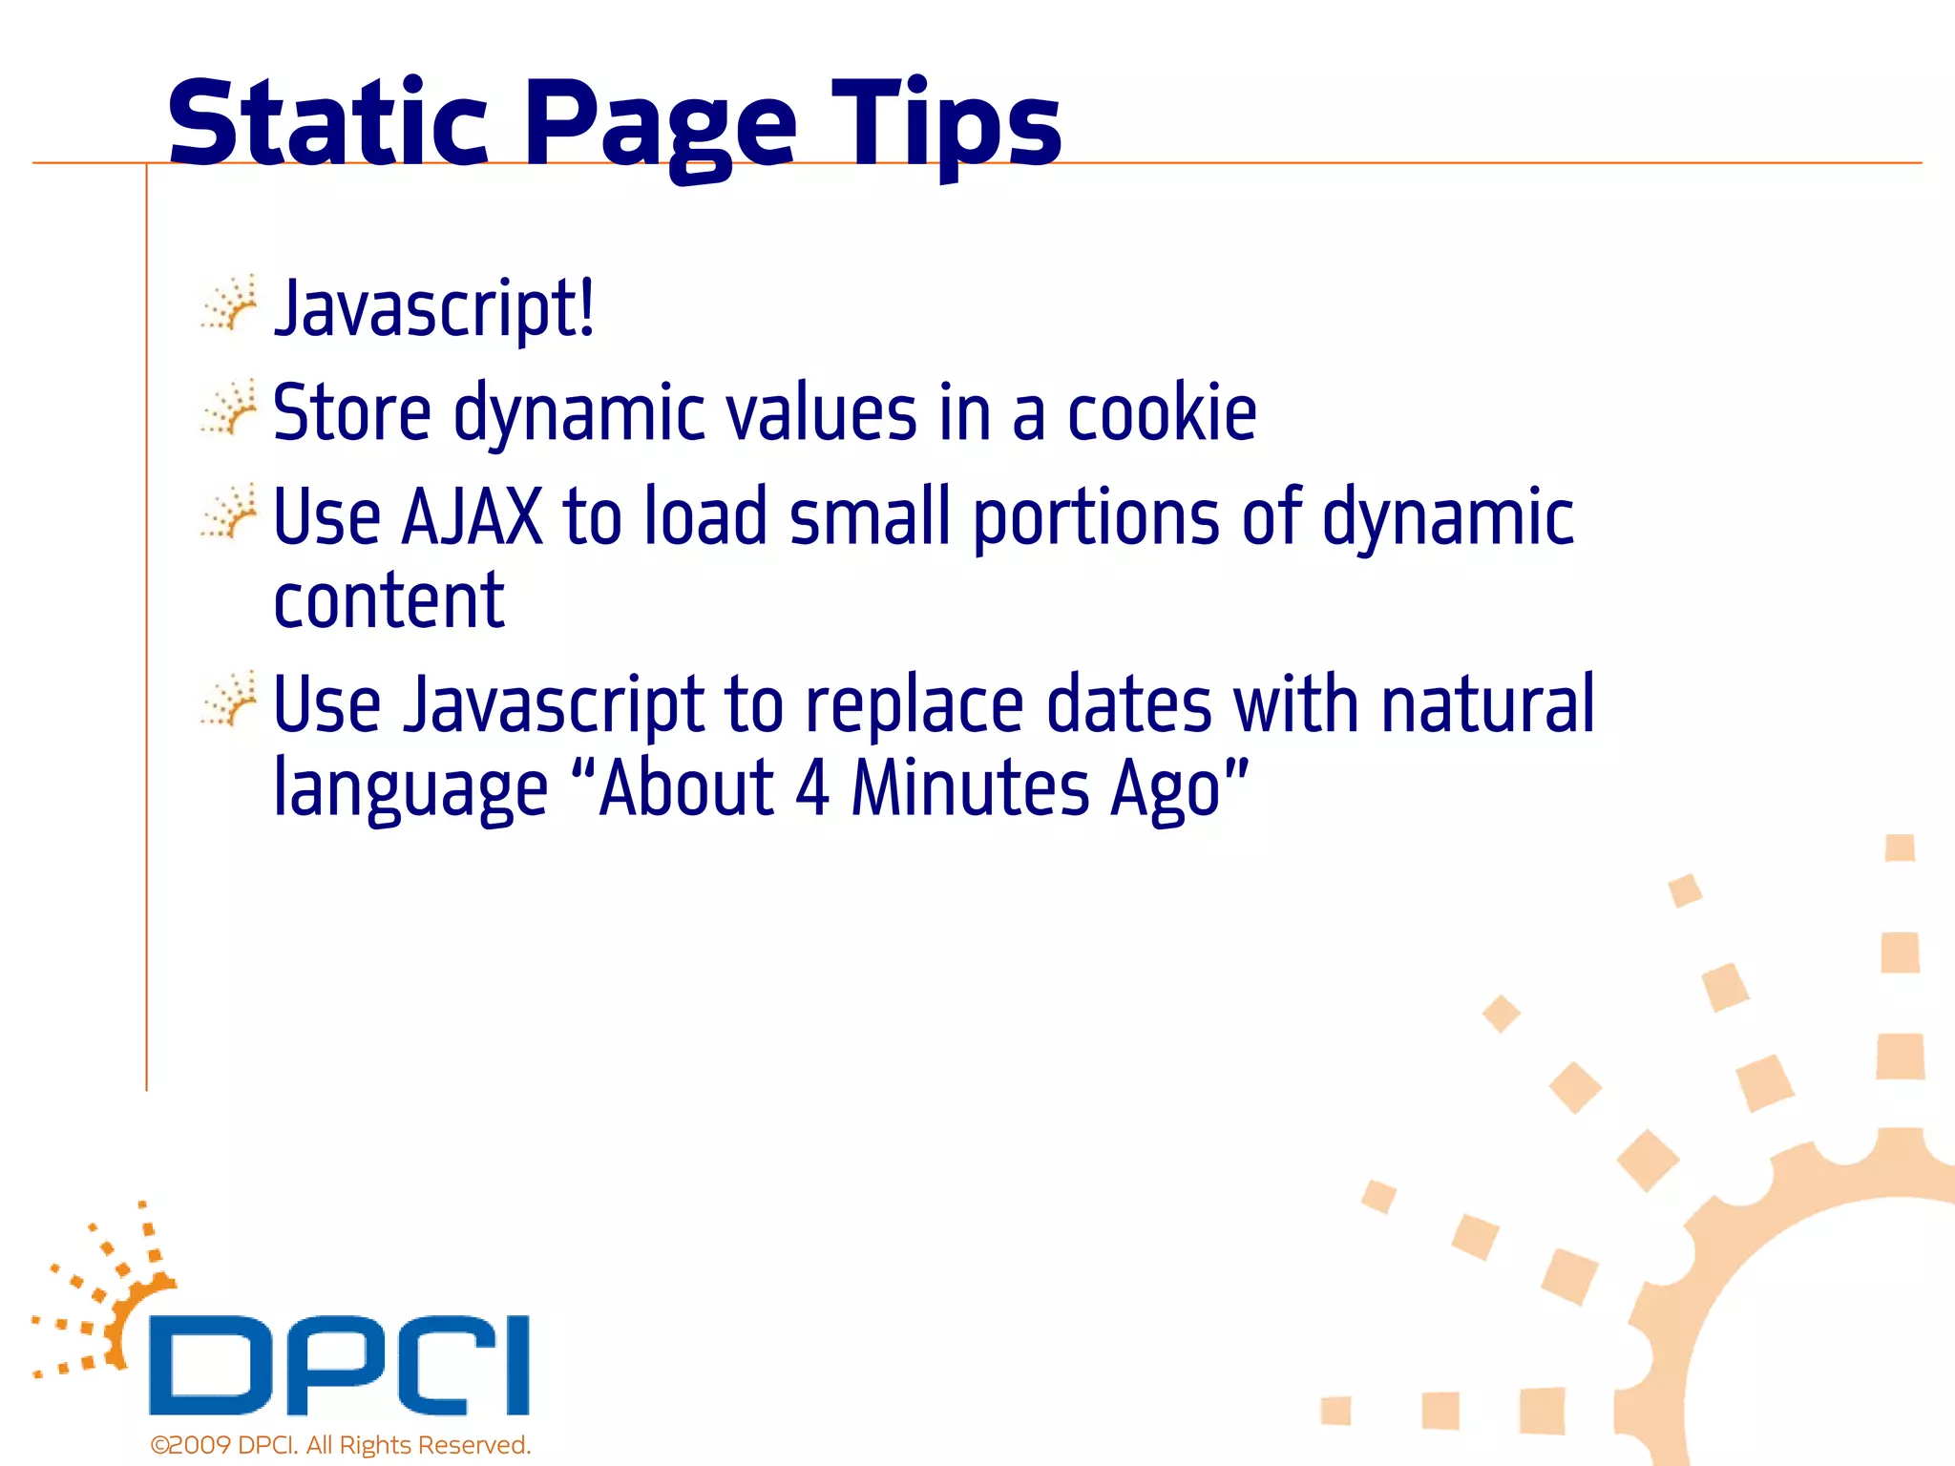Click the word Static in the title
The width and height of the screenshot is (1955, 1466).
click(x=327, y=124)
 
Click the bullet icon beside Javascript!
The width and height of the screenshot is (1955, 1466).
click(x=229, y=305)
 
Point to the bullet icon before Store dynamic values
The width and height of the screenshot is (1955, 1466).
click(x=229, y=410)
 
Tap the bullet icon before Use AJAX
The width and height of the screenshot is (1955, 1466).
click(x=229, y=514)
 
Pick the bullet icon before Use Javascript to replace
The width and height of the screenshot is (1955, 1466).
click(x=229, y=702)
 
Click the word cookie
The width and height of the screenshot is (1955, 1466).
click(x=1161, y=412)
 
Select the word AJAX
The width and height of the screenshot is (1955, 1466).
click(x=472, y=516)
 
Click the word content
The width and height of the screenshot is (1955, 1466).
click(x=389, y=601)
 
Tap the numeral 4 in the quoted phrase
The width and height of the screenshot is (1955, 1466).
click(x=811, y=788)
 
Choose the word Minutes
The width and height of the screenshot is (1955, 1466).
click(x=970, y=788)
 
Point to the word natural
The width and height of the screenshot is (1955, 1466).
click(x=1487, y=704)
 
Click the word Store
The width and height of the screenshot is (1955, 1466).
click(x=351, y=412)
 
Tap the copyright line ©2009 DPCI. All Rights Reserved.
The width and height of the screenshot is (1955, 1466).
click(x=340, y=1445)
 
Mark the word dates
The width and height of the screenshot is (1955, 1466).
click(x=1128, y=704)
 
